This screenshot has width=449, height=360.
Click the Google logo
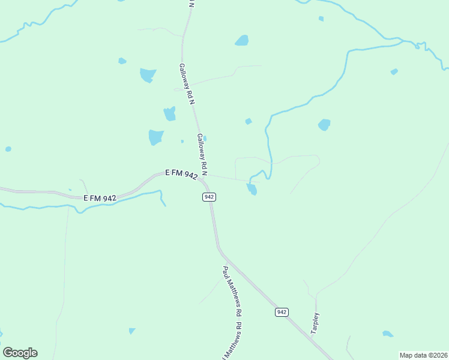click(20, 353)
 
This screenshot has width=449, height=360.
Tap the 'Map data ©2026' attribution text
click(423, 355)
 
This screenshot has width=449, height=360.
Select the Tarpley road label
click(315, 323)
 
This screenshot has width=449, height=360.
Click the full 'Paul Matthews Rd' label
click(232, 292)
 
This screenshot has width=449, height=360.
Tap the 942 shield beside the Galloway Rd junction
click(209, 197)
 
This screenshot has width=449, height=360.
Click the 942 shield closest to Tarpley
click(282, 312)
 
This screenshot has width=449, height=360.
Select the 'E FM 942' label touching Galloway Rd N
click(181, 174)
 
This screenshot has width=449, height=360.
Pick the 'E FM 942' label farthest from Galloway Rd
click(100, 197)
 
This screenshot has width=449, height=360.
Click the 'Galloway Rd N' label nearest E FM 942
click(202, 155)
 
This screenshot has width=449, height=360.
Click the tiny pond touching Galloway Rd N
click(205, 139)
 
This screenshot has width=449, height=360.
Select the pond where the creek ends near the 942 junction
click(252, 190)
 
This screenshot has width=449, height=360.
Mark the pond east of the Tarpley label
click(388, 334)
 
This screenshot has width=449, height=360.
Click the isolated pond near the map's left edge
click(8, 149)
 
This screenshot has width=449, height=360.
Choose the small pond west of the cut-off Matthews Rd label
click(131, 331)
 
